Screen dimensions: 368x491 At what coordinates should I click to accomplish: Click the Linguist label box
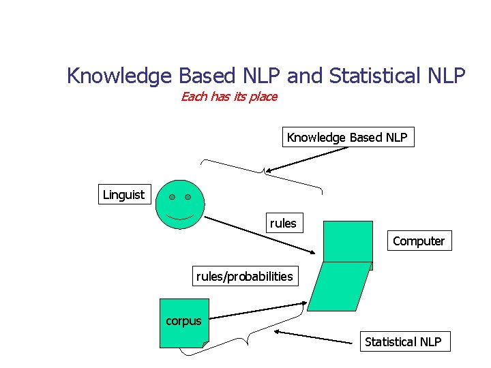(x=123, y=195)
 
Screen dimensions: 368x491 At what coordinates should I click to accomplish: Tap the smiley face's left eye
(x=172, y=197)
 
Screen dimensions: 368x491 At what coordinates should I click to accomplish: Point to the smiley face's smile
(x=179, y=217)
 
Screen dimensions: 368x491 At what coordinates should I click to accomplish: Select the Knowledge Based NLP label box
(x=347, y=138)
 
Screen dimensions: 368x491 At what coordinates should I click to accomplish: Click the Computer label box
(x=419, y=241)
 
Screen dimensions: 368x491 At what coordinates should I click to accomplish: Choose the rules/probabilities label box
(x=244, y=276)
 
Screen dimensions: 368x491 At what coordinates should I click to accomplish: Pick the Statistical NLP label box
(x=403, y=341)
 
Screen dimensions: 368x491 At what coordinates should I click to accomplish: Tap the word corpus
(x=183, y=321)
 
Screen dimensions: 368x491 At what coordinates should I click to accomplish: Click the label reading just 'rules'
(x=283, y=224)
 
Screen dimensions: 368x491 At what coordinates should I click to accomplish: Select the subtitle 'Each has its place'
(x=229, y=97)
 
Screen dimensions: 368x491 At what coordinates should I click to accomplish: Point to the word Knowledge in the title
(x=119, y=76)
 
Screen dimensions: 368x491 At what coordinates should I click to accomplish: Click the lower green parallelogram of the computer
(x=340, y=286)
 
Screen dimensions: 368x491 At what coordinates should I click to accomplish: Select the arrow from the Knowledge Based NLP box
(x=307, y=159)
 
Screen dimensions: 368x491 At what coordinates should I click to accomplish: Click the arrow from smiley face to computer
(x=259, y=235)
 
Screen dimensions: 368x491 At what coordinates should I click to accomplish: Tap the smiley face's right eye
(x=188, y=197)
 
